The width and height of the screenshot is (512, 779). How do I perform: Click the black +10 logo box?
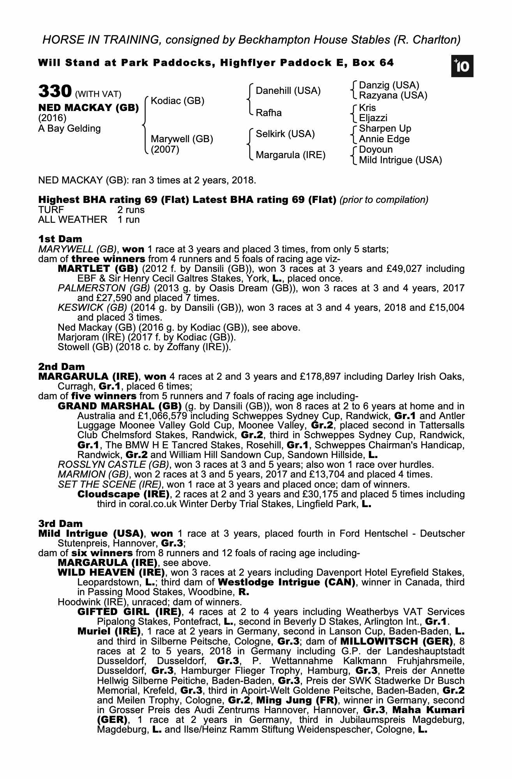462,67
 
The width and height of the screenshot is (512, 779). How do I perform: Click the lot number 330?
55,92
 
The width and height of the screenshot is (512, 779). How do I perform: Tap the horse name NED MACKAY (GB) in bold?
88,108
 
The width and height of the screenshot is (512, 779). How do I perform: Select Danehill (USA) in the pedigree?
288,91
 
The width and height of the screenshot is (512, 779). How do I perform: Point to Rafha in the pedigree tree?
268,113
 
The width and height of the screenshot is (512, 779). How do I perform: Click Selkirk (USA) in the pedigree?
285,134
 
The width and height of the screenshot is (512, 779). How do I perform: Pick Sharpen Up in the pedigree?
385,129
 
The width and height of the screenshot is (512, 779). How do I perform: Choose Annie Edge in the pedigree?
384,139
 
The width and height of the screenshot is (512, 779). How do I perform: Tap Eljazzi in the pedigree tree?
373,118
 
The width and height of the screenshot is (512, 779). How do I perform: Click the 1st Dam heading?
60,239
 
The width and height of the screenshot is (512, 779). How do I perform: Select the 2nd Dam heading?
61,367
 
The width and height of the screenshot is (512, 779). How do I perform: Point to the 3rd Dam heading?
60,523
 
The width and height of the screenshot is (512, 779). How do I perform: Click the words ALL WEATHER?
72,220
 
